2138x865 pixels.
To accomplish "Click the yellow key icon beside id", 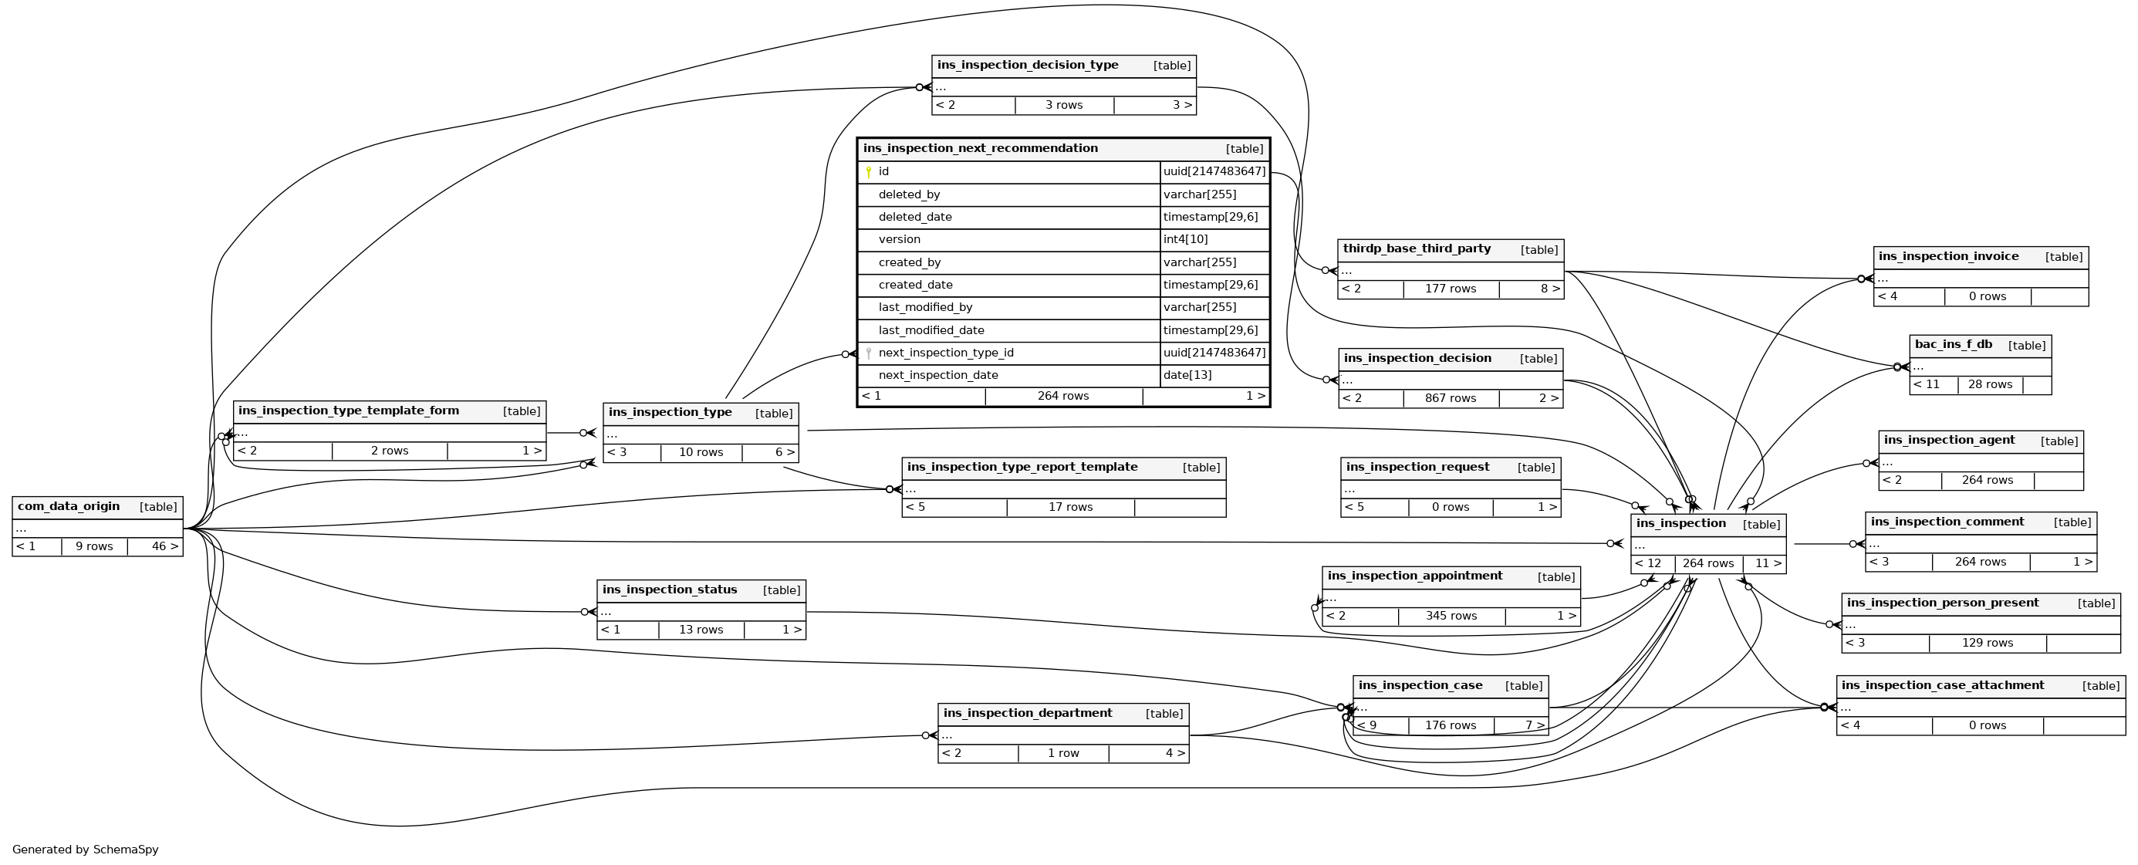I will point(868,173).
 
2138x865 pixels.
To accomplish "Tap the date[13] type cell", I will point(1187,375).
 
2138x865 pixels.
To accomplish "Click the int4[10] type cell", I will point(1185,240).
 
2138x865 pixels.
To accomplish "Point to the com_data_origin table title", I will point(68,506).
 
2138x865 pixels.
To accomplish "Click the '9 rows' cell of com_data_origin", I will point(94,546).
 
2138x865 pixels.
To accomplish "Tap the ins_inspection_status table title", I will point(669,590).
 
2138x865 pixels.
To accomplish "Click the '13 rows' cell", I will point(701,629).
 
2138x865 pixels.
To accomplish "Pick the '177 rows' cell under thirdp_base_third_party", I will point(1450,289).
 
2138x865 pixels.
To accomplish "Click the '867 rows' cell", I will point(1450,398).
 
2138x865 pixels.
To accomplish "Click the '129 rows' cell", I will point(1987,643).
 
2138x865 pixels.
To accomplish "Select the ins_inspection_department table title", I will point(1028,713).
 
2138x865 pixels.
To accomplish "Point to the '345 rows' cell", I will point(1451,616).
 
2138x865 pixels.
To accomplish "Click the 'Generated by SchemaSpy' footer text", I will point(86,850).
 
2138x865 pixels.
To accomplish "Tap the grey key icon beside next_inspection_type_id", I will point(868,353).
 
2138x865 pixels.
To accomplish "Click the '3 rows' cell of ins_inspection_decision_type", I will point(1063,106).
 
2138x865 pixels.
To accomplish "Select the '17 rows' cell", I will point(1070,507).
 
